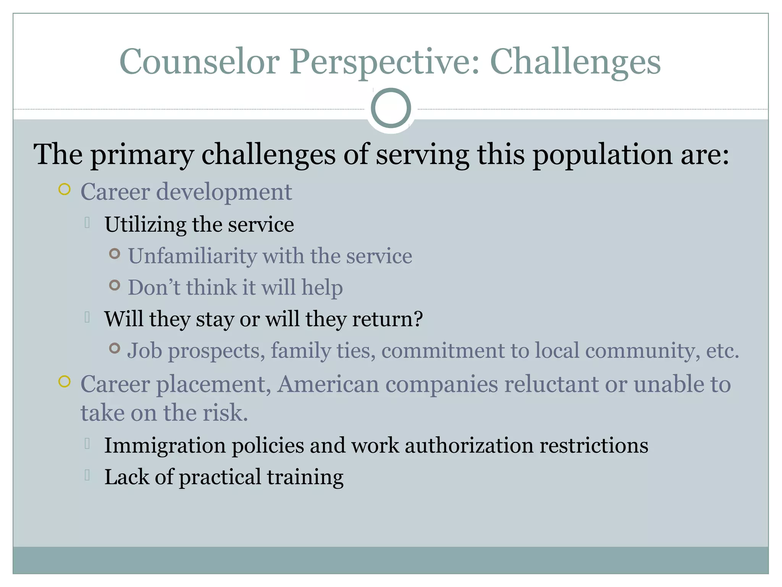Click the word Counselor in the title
pyautogui.click(x=199, y=62)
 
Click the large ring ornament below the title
pyautogui.click(x=391, y=108)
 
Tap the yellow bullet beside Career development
pyautogui.click(x=65, y=190)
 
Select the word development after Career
pyautogui.click(x=224, y=192)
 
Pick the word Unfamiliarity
pyautogui.click(x=192, y=256)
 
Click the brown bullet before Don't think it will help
pyautogui.click(x=115, y=285)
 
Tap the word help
pyautogui.click(x=322, y=288)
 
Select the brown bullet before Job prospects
pyautogui.click(x=115, y=348)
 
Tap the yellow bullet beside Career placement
pyautogui.click(x=65, y=382)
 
